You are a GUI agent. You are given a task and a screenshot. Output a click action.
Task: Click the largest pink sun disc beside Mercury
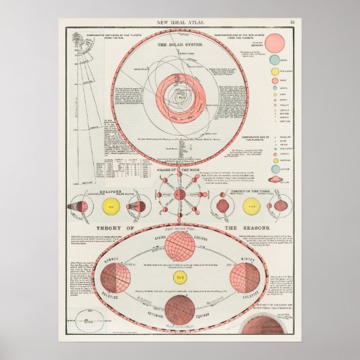tap(276, 44)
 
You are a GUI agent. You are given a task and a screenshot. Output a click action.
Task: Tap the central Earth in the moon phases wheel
tap(180, 195)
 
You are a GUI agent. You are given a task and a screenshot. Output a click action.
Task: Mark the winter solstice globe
tap(248, 276)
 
